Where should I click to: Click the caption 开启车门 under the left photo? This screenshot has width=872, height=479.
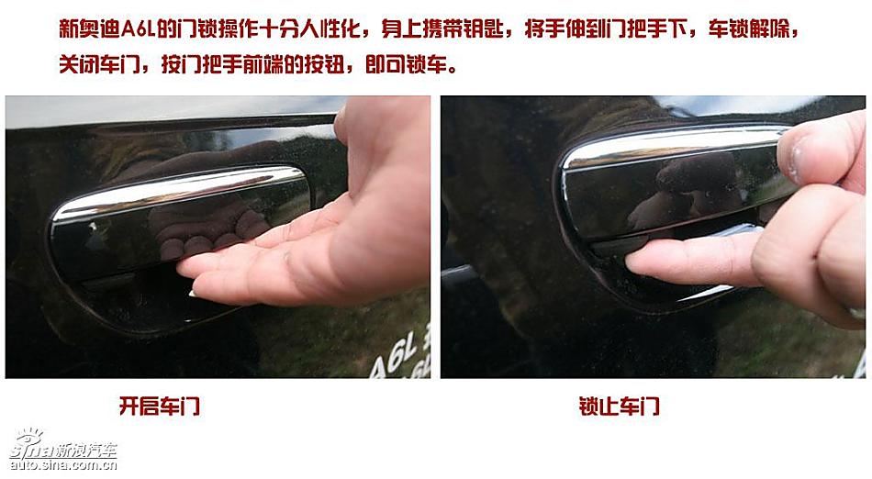[159, 406]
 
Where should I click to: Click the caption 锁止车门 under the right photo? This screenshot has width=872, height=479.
[619, 406]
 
